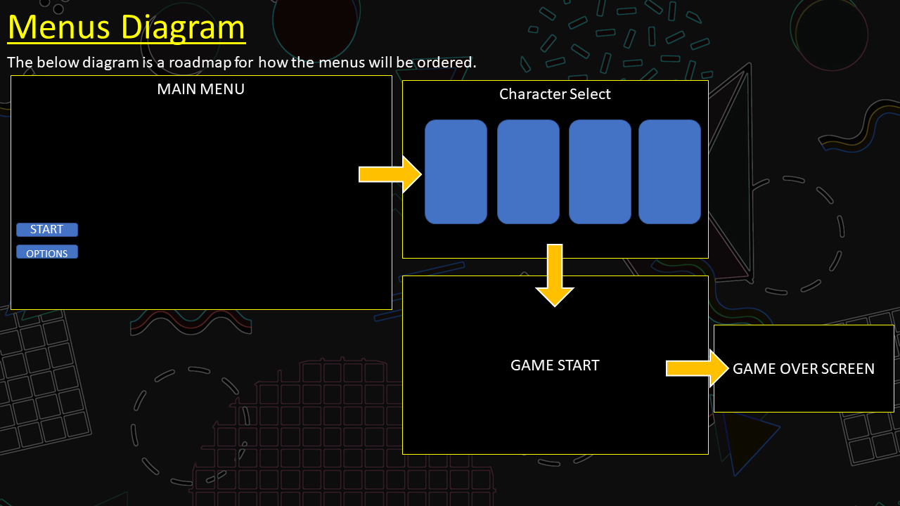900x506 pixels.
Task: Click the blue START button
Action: coord(47,230)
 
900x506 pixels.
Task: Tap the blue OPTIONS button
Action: coord(47,252)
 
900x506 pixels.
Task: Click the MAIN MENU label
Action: coord(200,89)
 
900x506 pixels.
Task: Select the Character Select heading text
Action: coord(555,94)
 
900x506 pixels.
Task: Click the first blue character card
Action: coord(456,171)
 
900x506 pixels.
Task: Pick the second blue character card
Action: coord(528,171)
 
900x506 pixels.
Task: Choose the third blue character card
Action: coord(600,171)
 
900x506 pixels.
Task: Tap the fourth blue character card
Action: coord(669,171)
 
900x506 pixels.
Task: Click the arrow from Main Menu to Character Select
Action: coord(390,174)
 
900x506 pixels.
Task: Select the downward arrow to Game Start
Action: coord(555,275)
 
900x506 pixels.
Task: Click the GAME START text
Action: coord(555,365)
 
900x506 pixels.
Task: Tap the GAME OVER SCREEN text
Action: coord(804,369)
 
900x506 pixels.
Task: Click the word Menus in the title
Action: coord(59,27)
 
